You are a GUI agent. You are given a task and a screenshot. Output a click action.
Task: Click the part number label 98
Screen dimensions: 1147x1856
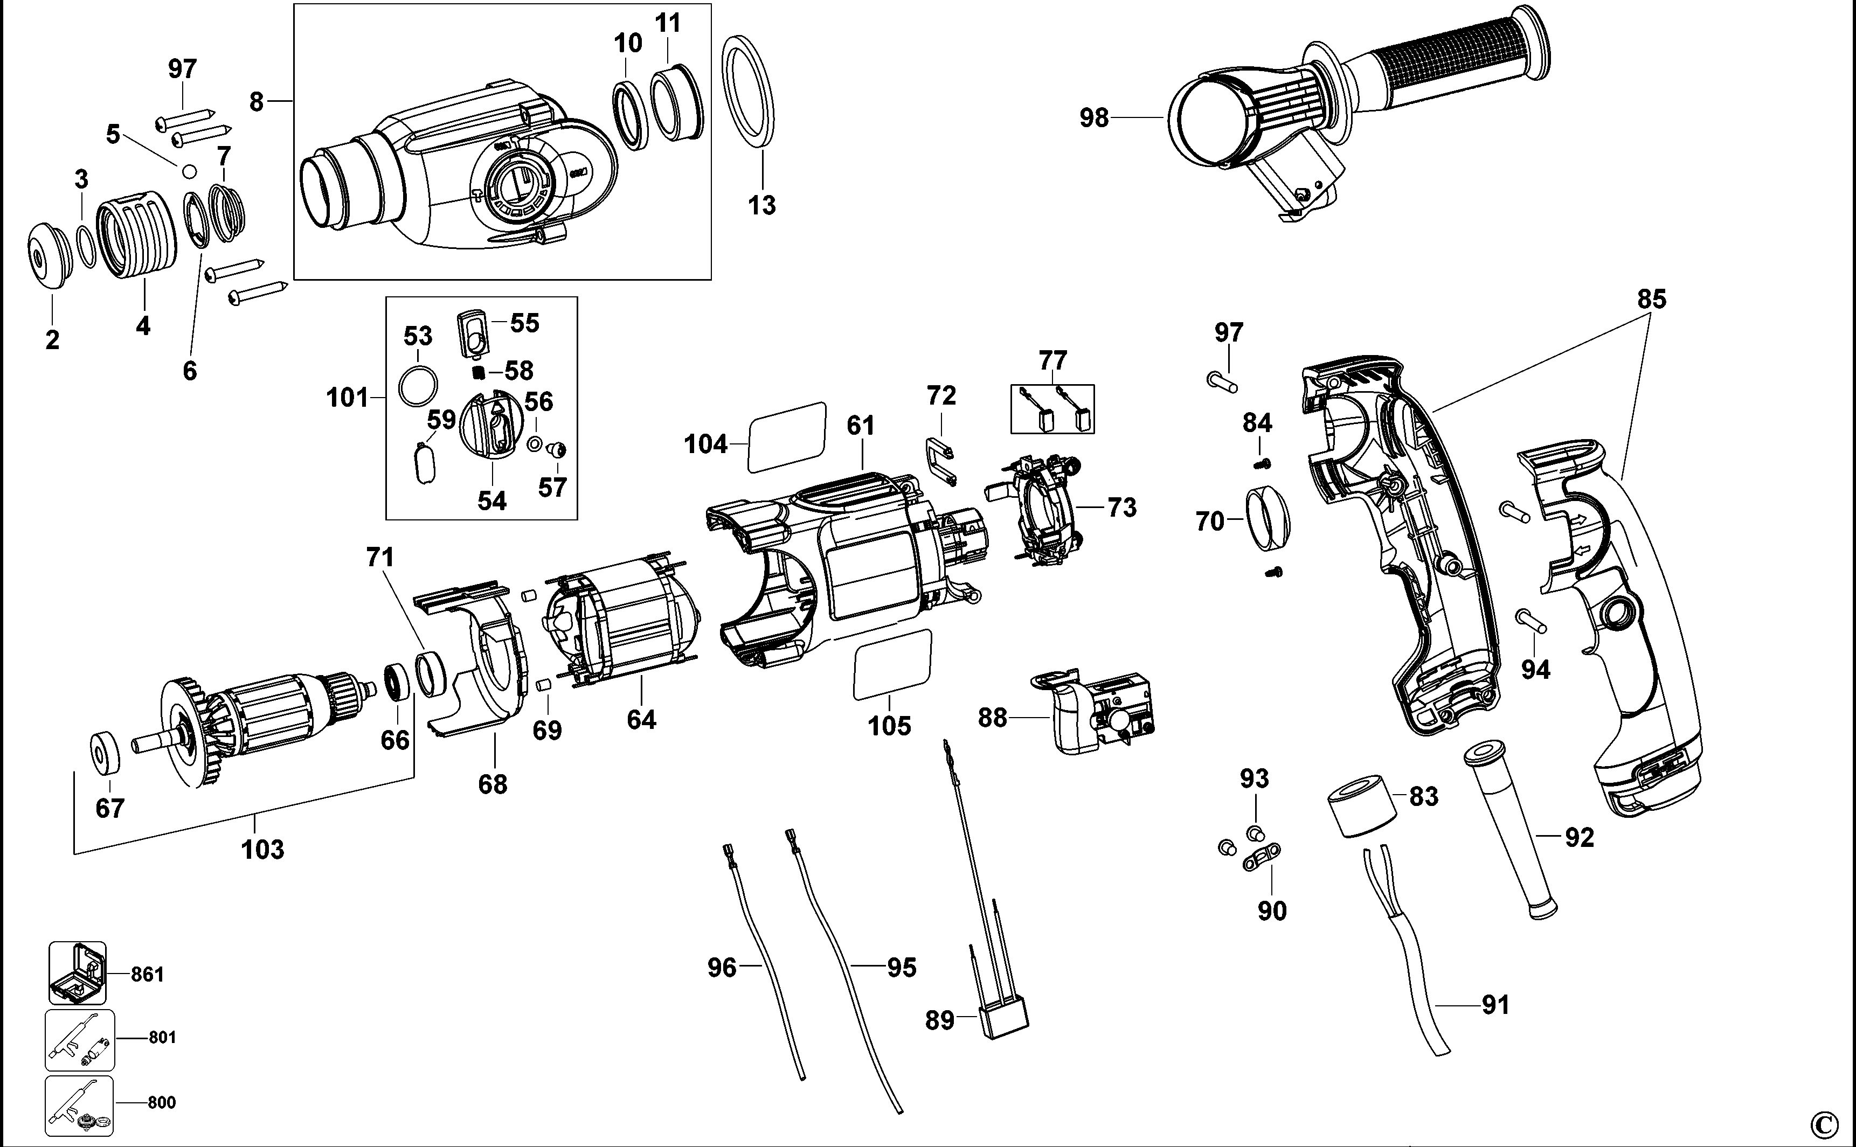tap(1093, 119)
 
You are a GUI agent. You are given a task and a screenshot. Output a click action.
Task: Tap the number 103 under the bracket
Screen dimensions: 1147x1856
tap(262, 849)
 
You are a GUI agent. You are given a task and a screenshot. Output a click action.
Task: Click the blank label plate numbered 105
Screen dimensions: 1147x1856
tap(891, 664)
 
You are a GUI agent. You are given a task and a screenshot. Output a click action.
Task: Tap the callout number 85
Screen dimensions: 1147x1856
tap(1651, 299)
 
